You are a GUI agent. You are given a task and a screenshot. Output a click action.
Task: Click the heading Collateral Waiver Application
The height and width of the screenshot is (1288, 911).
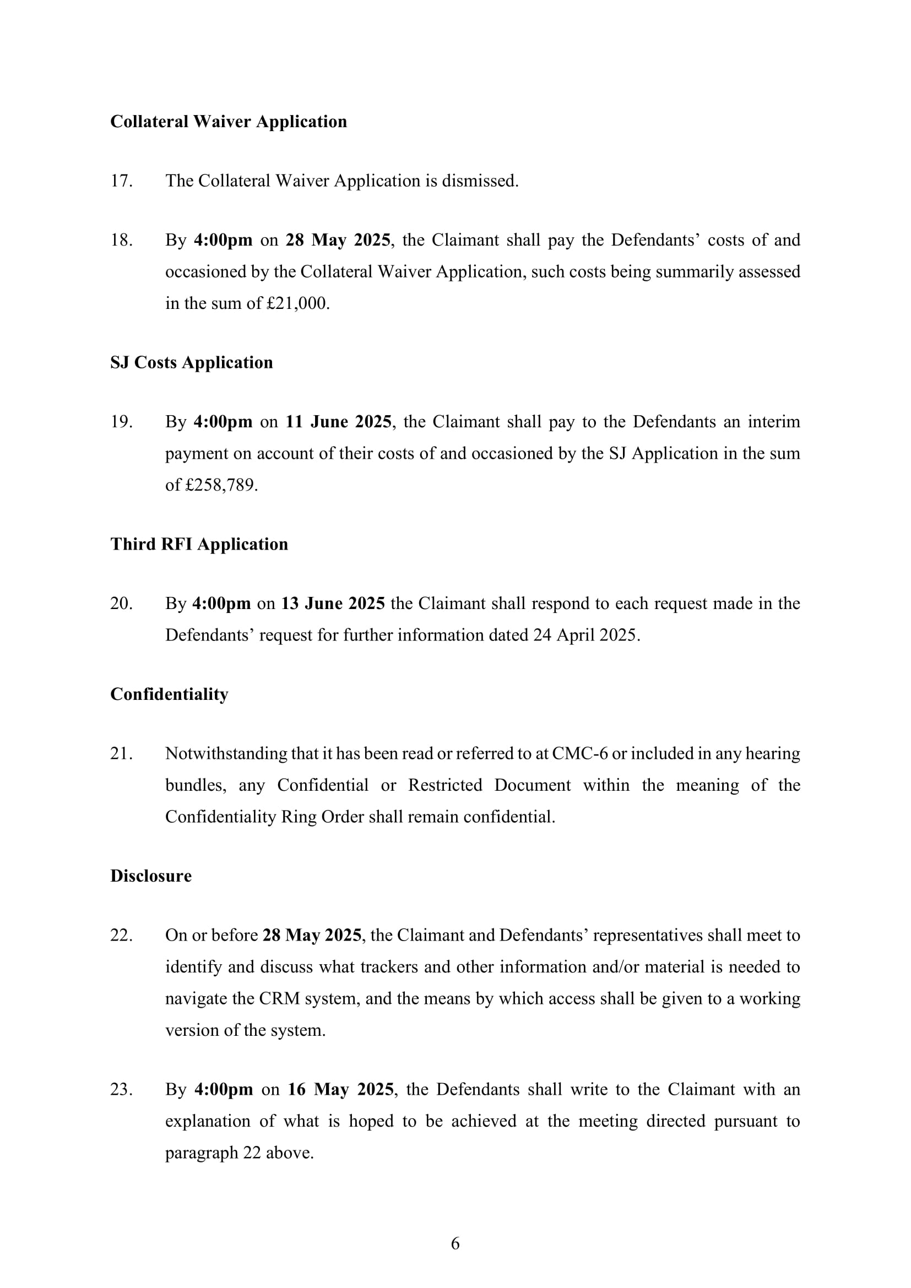pos(229,122)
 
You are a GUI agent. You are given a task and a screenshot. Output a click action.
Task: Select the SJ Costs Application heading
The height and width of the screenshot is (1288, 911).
pos(191,362)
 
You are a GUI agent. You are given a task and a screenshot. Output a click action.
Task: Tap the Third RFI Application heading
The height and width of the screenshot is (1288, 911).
pos(199,544)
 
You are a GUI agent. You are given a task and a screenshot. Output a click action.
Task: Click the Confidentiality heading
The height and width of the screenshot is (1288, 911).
pos(170,694)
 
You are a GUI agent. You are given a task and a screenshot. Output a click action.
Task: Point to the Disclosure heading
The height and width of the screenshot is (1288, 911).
pos(151,876)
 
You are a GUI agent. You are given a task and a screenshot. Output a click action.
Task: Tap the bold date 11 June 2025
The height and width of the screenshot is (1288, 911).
pos(338,422)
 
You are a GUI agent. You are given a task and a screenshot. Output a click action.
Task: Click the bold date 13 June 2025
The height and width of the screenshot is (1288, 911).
pos(333,604)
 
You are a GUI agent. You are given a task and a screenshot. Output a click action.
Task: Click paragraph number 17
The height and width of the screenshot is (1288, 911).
pos(121,181)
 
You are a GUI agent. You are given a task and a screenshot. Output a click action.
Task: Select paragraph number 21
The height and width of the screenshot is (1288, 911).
pos(121,754)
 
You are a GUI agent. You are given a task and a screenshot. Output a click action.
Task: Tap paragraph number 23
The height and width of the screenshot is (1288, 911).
pos(121,1089)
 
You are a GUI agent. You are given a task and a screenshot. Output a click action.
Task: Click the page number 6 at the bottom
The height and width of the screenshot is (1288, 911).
pos(455,1244)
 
